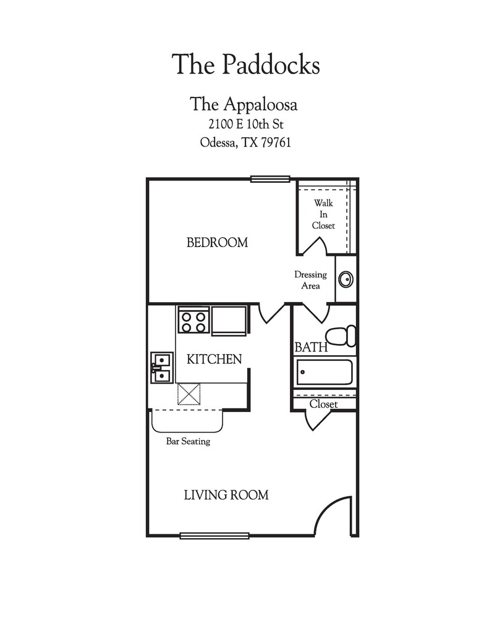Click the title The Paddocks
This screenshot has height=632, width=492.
click(245, 64)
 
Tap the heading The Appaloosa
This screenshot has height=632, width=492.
click(244, 104)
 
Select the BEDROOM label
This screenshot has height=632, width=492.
click(217, 243)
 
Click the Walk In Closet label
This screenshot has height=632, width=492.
click(323, 214)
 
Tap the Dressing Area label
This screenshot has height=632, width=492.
click(310, 280)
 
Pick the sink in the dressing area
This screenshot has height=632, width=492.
click(346, 279)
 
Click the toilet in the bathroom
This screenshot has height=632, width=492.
click(341, 335)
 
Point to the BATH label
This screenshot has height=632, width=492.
click(311, 348)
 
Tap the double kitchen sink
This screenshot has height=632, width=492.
click(161, 368)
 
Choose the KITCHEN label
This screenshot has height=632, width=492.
click(214, 359)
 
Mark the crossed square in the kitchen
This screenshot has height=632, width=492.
click(189, 394)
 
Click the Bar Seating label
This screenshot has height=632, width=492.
click(188, 442)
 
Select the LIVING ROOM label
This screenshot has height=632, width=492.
click(226, 495)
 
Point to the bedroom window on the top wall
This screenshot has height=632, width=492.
click(270, 179)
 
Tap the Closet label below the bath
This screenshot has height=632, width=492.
click(323, 404)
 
